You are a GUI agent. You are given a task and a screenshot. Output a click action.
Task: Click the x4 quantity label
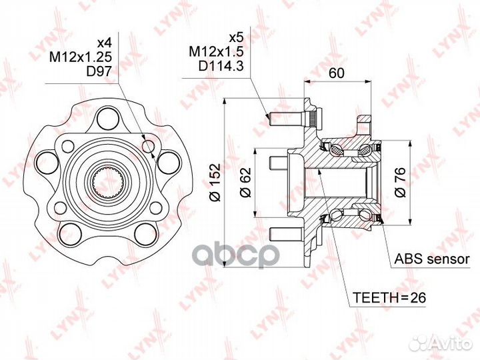coord(104,43)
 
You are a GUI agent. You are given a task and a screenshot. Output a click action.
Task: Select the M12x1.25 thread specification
coord(81,57)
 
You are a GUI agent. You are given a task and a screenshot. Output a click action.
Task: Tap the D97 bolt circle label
coord(99,71)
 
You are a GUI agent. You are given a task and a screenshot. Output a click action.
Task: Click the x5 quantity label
coord(236,37)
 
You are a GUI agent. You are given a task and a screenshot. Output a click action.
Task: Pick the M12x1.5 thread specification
coord(216,52)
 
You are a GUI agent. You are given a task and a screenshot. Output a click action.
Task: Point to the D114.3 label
coord(221,66)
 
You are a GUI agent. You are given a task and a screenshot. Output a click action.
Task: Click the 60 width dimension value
coord(337,73)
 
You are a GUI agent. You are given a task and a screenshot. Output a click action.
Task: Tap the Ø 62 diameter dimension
coord(245,182)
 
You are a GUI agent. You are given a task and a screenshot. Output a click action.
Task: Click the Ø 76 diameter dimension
coord(400,182)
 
